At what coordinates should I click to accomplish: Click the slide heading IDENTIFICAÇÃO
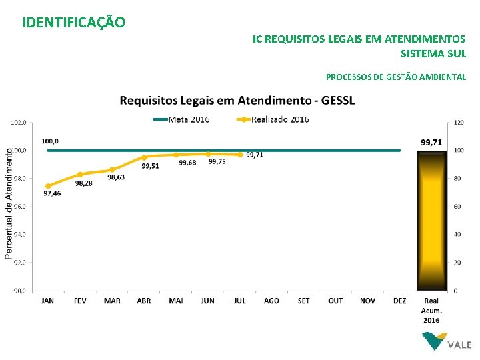[73, 23]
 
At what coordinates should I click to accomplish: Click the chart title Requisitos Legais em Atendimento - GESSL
[237, 101]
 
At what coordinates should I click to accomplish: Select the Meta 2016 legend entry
[181, 120]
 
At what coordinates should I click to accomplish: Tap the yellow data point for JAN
[48, 186]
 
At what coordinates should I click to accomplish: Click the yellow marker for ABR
[144, 157]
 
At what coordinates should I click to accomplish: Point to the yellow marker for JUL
[240, 155]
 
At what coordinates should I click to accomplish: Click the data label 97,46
[52, 194]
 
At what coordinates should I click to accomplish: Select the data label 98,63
[116, 177]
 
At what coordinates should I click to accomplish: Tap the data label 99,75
[217, 161]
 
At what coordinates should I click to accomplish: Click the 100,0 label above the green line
[50, 141]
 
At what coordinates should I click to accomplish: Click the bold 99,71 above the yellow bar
[431, 142]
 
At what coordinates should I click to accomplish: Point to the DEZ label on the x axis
[400, 301]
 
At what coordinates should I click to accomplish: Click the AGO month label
[271, 301]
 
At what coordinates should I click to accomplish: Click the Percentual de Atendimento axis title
[9, 203]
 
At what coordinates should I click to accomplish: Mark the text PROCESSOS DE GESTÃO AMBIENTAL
[396, 77]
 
